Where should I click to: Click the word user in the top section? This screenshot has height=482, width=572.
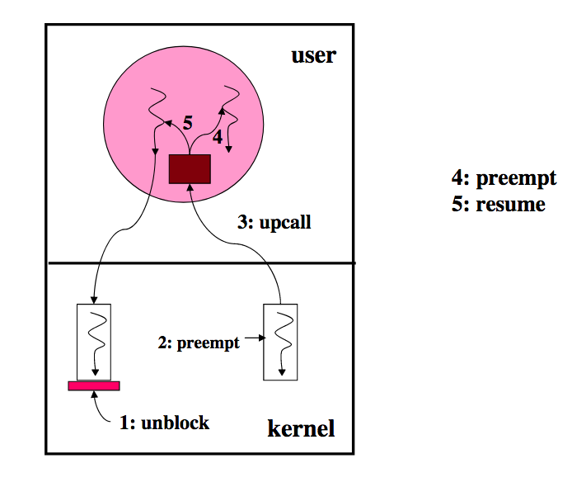(313, 56)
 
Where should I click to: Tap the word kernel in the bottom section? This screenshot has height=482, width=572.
(301, 428)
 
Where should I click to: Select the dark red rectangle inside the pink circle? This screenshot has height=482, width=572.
(190, 169)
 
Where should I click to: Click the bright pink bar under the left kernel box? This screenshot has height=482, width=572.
(94, 386)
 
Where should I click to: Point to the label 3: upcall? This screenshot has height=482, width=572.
(274, 222)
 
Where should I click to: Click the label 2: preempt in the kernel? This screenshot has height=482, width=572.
(199, 343)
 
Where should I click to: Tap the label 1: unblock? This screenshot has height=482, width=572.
(164, 423)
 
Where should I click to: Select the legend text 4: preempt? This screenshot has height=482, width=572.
(504, 178)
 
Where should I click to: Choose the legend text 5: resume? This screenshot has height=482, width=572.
(499, 204)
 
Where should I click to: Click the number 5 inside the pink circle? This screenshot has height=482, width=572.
(187, 123)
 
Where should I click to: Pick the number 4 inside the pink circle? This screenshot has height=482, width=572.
(218, 137)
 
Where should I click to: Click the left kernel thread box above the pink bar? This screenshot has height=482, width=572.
(94, 342)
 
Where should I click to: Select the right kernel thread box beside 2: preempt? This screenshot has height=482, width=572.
(280, 342)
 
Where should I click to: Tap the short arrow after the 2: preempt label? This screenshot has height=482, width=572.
(255, 338)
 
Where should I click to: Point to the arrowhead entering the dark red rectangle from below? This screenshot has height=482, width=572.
(190, 187)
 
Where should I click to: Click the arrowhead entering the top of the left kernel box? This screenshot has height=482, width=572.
(94, 300)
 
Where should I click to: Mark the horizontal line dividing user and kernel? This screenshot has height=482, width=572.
(202, 262)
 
